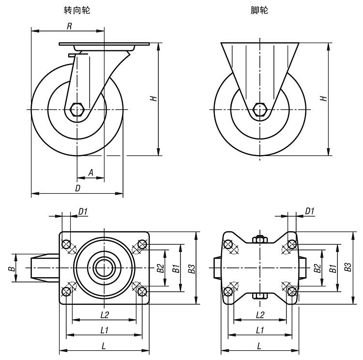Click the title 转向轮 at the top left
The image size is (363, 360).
77,10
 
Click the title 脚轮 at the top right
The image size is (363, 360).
259,10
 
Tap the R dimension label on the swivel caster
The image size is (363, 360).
69,26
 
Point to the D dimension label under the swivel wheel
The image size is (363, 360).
77,188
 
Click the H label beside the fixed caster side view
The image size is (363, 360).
324,98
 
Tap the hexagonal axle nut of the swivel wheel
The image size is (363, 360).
77,110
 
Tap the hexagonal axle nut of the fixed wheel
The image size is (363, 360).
260,110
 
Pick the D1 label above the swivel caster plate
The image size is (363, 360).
83,211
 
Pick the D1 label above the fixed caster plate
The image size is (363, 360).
310,211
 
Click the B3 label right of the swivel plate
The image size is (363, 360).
192,268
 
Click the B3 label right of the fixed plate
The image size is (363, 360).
347,268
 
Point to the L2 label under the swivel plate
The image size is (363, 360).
104,314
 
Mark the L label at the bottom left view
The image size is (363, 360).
104,345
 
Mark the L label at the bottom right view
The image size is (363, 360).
259,345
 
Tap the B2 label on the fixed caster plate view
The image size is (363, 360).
317,268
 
